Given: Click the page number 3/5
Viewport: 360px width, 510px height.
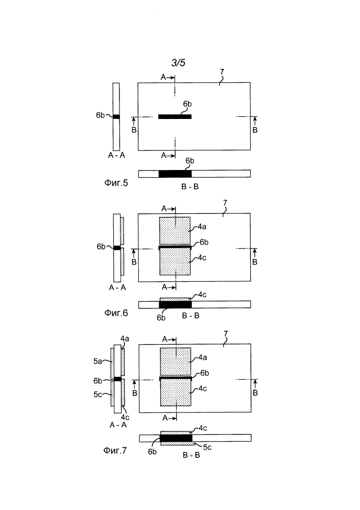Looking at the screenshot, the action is [178, 62].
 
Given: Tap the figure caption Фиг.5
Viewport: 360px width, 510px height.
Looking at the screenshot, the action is [116, 183].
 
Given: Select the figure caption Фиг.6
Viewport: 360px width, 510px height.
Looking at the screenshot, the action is [116, 313].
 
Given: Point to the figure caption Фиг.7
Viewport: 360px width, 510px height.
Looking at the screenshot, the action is [115, 450].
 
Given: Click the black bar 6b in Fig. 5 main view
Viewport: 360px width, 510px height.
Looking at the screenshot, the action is [175, 116].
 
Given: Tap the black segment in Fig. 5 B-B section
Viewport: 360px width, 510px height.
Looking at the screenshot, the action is [175, 174].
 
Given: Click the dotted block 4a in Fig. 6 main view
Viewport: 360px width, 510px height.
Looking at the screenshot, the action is [175, 231].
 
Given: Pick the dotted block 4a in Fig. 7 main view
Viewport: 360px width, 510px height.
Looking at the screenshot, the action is [176, 361].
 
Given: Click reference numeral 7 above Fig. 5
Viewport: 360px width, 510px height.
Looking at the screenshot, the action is [222, 71].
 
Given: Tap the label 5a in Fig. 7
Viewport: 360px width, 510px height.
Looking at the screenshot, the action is [98, 361].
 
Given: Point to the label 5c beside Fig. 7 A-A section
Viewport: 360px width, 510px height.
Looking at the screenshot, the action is [98, 395].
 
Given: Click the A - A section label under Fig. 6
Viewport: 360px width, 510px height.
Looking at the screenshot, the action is [117, 287].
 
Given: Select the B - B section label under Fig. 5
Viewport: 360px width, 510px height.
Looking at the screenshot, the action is [190, 187].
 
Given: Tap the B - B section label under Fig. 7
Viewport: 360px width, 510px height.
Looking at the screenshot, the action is [191, 455].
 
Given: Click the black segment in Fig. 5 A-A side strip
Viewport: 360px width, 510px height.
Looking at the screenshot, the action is [116, 116].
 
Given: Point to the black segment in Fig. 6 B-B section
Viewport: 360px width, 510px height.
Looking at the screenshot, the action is [175, 305].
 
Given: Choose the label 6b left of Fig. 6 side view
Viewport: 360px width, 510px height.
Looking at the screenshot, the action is [101, 247].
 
